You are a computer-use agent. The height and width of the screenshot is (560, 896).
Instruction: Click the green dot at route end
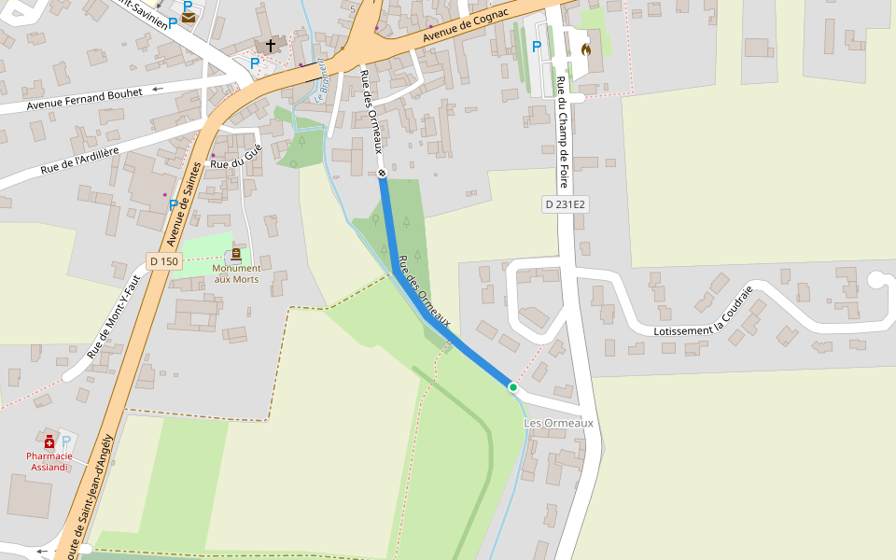point(512,386)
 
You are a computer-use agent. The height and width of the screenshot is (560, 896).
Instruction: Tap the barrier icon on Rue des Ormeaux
point(382,173)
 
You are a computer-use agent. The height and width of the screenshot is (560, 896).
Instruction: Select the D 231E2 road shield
point(566,203)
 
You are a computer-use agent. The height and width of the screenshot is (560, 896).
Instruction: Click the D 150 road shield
point(163,261)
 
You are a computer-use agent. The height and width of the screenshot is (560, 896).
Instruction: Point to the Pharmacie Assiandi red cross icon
point(49,441)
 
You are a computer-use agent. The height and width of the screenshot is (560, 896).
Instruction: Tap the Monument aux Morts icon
point(236,254)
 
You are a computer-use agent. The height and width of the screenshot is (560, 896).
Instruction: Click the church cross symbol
point(271,44)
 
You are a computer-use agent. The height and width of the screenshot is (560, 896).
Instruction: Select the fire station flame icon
point(586,49)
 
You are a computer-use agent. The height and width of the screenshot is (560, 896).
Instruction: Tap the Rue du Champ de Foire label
point(562,132)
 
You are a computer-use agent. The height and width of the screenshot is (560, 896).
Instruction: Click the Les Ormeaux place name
point(558,423)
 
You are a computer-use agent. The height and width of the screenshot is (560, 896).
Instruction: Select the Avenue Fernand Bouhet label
point(85,98)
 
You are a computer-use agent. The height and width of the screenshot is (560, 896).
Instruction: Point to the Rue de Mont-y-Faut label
point(112,322)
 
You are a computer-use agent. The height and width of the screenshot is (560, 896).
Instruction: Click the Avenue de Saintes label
point(184,204)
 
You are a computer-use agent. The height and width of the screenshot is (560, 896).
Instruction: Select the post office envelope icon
point(189,17)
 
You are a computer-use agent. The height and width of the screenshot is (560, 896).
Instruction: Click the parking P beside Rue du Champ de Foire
point(536,46)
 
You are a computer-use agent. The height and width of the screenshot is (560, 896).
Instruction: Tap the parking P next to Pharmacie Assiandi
point(66,440)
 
